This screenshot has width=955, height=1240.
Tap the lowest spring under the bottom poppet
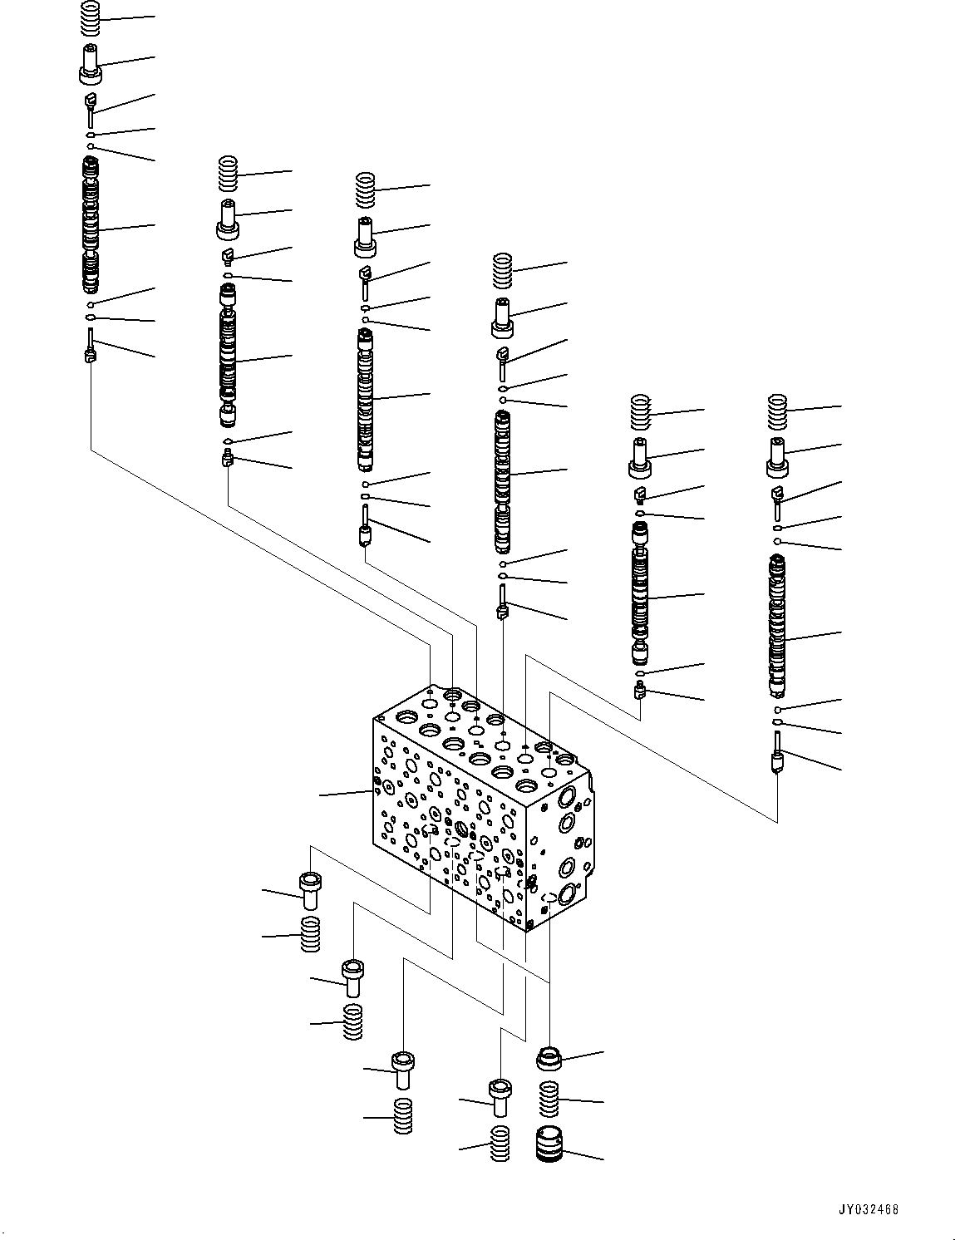(500, 1144)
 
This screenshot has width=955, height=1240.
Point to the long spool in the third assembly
(366, 399)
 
